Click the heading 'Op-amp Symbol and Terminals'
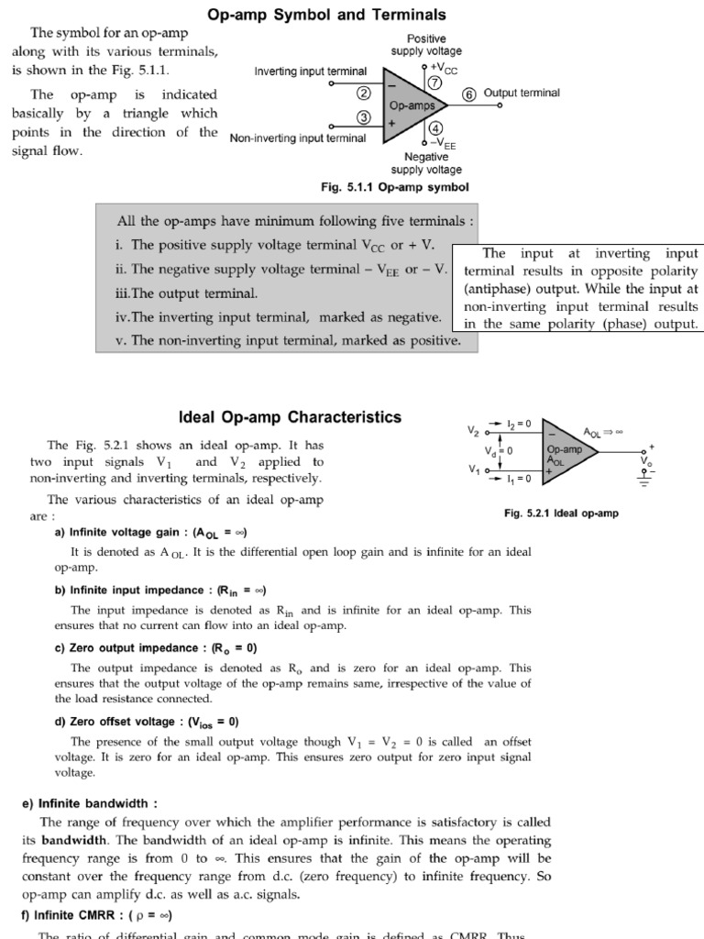(x=327, y=15)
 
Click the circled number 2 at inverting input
(x=364, y=93)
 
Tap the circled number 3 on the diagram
(x=364, y=117)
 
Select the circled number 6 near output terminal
(x=468, y=94)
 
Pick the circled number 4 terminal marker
(x=434, y=128)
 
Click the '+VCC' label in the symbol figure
(x=444, y=67)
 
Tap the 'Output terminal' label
(x=521, y=93)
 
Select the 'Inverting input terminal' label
(x=310, y=72)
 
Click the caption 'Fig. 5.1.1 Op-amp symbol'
(x=394, y=186)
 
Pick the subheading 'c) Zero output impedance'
(x=156, y=647)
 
